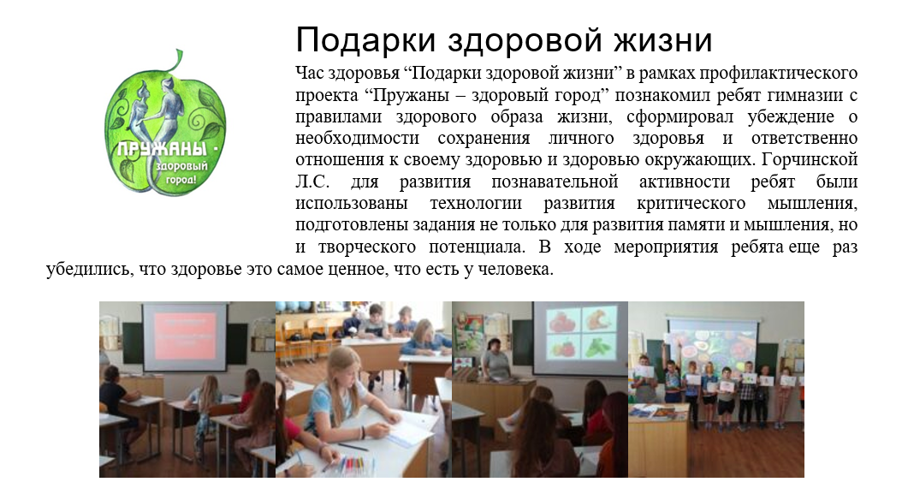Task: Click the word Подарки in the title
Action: [x=366, y=40]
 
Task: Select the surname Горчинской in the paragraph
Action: [x=810, y=159]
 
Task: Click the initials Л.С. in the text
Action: [x=312, y=182]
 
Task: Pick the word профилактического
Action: [x=778, y=74]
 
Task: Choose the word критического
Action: [x=691, y=204]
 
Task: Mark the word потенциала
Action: [x=477, y=247]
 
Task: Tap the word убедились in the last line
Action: [x=88, y=270]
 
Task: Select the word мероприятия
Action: [x=666, y=247]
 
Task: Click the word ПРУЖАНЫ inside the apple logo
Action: [x=162, y=149]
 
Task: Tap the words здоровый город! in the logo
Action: [x=180, y=173]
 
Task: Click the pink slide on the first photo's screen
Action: [x=186, y=336]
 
